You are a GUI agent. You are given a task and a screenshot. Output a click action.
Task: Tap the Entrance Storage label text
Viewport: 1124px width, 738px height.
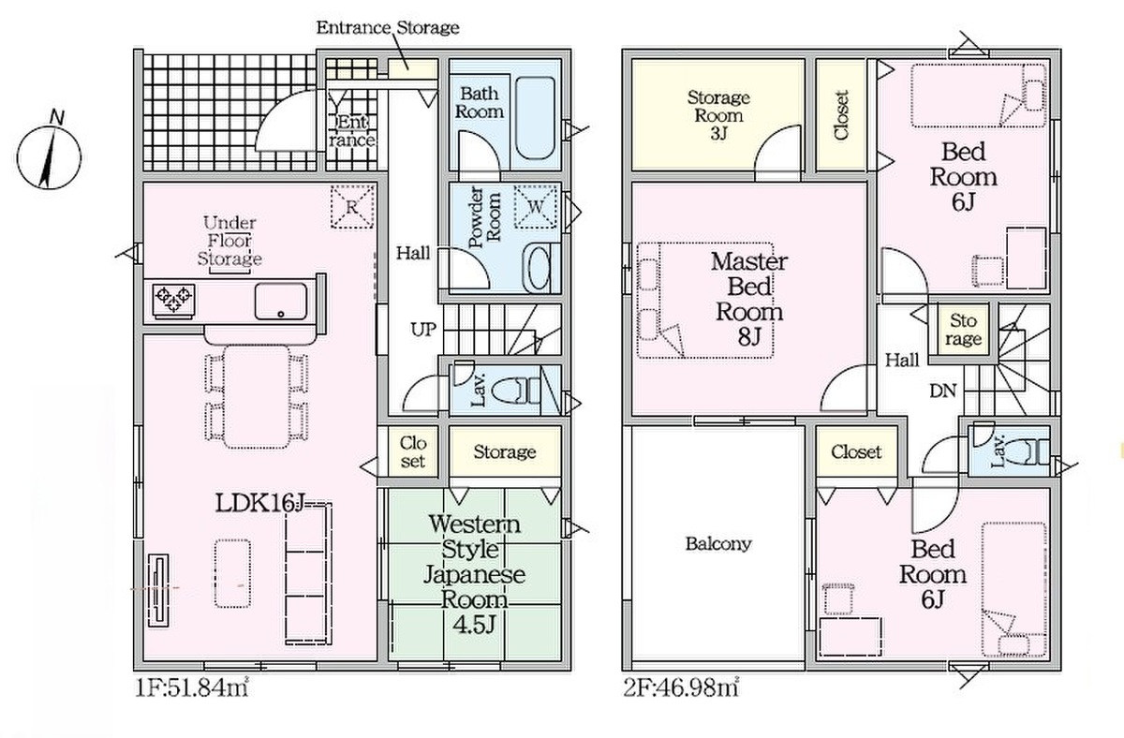(x=388, y=27)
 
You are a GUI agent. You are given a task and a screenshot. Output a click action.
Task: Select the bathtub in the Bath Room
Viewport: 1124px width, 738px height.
(x=536, y=118)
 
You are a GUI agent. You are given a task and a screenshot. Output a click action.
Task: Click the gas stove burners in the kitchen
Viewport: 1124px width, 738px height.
(x=173, y=300)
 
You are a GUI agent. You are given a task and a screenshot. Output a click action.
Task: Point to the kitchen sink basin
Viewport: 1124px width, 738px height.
(x=280, y=301)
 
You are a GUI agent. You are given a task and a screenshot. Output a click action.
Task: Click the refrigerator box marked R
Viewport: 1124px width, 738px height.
(x=352, y=207)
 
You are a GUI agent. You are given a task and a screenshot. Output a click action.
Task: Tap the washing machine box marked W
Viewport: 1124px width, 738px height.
(x=536, y=207)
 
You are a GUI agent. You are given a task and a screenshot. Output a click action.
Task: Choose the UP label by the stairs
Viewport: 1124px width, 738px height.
(x=423, y=330)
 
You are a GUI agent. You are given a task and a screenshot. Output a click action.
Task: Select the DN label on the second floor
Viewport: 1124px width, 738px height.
(x=943, y=391)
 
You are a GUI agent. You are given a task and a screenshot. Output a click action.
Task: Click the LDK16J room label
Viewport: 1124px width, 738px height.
(x=260, y=503)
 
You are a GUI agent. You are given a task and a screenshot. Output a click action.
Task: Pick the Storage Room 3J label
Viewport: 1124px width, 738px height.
(x=718, y=115)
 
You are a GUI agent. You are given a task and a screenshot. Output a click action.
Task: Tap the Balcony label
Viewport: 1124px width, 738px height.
(x=718, y=543)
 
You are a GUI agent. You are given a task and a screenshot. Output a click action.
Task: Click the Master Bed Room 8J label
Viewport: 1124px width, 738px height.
(x=749, y=299)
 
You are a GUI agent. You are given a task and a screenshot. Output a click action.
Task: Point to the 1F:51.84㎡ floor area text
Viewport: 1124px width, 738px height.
(x=192, y=687)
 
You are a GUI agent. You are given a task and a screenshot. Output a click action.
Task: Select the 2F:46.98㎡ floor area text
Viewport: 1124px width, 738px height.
(x=681, y=687)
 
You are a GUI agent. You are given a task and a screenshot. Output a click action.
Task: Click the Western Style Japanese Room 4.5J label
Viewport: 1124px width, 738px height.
(x=474, y=574)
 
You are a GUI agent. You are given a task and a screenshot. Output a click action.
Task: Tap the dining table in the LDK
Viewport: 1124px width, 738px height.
(x=257, y=396)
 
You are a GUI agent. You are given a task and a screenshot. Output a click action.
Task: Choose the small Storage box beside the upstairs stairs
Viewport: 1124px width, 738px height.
(x=963, y=330)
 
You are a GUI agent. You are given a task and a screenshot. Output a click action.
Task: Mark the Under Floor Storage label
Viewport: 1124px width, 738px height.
(x=229, y=241)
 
